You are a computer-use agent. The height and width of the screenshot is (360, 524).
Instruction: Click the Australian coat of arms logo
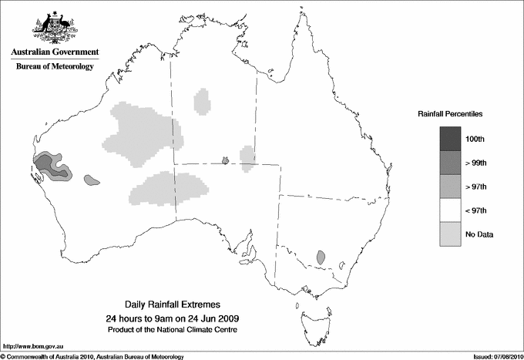[x=54, y=27]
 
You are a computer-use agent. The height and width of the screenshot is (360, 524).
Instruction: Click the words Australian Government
[x=54, y=52]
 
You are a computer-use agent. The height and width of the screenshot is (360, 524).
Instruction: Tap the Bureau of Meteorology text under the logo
[x=55, y=66]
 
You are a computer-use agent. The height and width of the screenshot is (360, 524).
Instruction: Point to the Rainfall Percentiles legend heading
[x=450, y=113]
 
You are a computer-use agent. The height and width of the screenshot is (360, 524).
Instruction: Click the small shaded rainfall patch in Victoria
[x=321, y=257]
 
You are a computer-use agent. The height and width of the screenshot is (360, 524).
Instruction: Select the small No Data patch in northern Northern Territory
[x=203, y=101]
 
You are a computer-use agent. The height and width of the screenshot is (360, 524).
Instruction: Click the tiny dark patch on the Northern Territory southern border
[x=225, y=160]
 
